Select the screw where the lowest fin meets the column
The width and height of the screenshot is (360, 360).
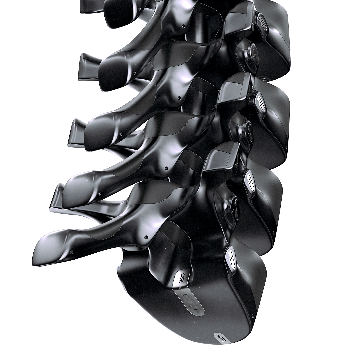146,237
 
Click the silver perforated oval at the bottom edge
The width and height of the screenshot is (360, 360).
220,337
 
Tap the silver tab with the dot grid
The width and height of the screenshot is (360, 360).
182,277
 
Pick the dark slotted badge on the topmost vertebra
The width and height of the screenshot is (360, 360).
263,25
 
